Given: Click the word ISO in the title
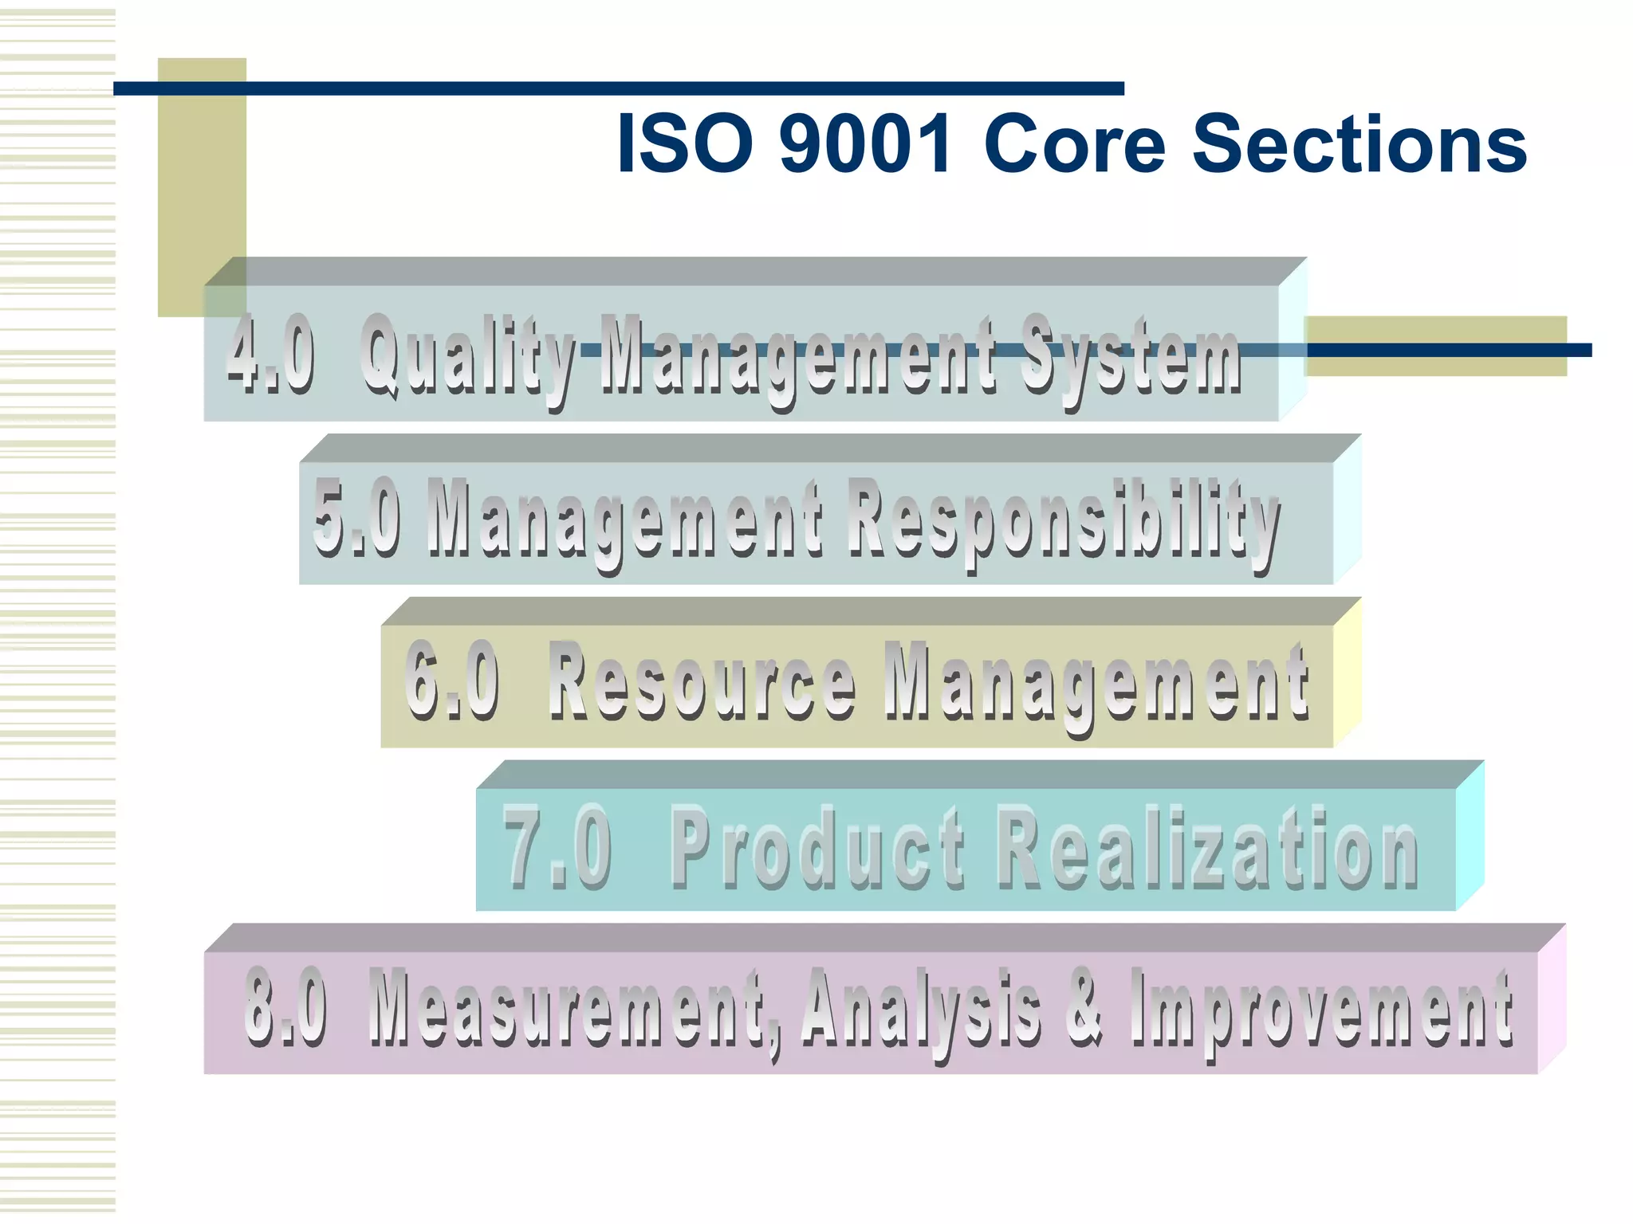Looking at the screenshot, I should pos(685,143).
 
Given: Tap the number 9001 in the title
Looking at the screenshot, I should pos(866,143).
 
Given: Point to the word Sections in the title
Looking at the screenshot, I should pos(1360,143).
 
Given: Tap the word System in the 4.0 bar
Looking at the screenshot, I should pos(1131,359).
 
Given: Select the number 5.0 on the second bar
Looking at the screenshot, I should pos(356,518).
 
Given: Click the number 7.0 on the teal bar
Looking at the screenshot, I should pos(558,847).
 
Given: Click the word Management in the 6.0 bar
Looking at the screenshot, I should pos(1096,685).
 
